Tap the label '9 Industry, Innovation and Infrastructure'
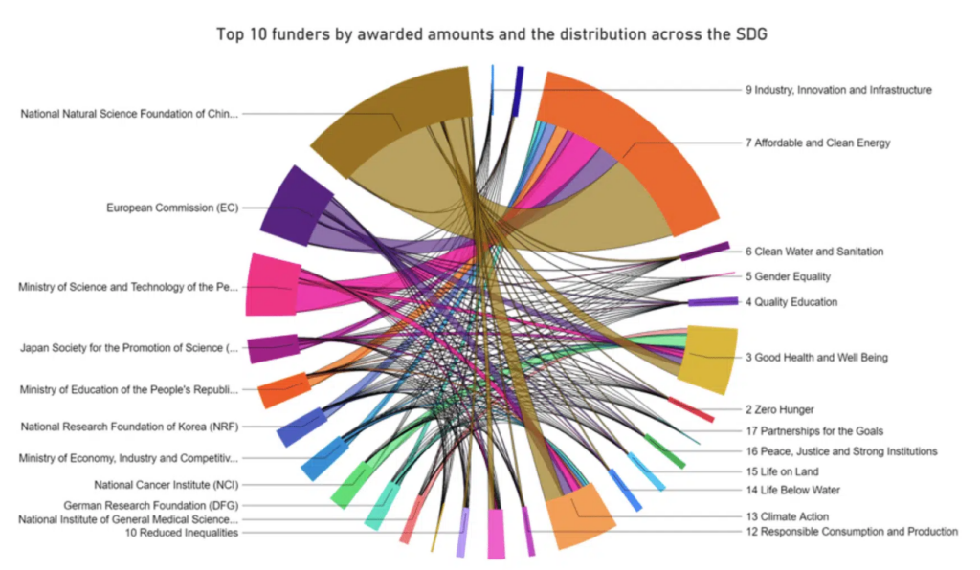[x=838, y=90]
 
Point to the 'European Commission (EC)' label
[x=172, y=207]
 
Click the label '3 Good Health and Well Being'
[x=816, y=358]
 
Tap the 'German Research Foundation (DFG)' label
[x=150, y=505]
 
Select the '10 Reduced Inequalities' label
[x=182, y=533]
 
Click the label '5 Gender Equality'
[x=788, y=276]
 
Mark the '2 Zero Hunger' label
[x=779, y=409]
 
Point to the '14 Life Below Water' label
[x=793, y=491]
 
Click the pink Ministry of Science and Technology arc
[x=271, y=285]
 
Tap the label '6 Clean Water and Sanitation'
[x=814, y=252]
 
